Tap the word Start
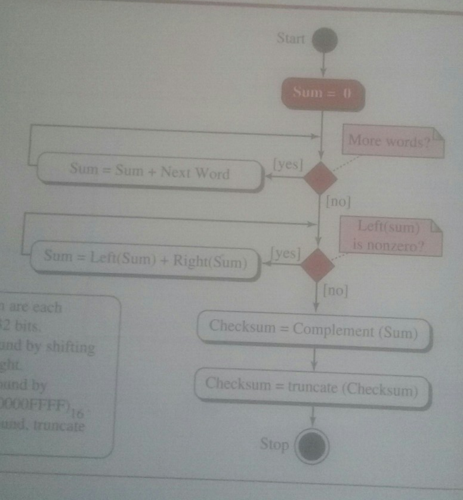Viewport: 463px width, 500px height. click(291, 39)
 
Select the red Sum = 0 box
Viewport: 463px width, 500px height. click(323, 93)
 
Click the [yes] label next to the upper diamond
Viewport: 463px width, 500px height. click(288, 163)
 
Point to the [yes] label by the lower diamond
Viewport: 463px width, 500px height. click(285, 252)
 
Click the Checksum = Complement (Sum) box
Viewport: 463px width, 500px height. click(313, 329)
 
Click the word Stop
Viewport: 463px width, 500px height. click(274, 444)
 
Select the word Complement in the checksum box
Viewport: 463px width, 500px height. click(332, 329)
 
